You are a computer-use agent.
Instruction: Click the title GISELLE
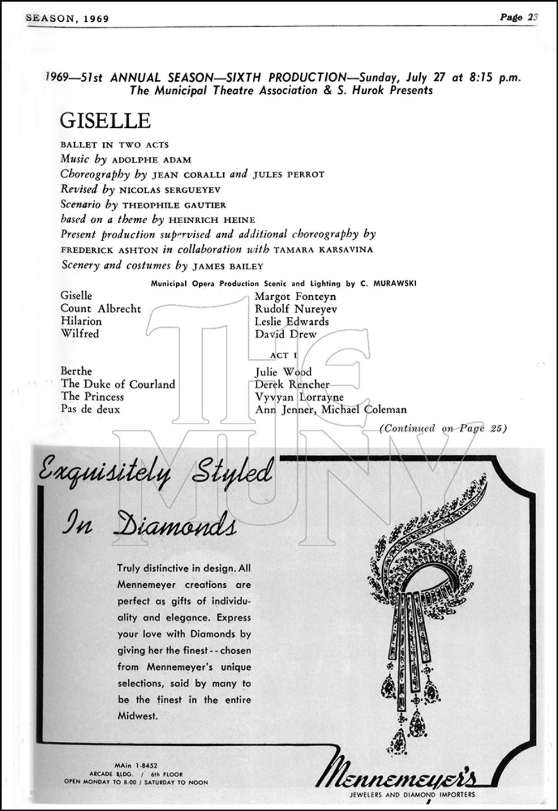click(x=105, y=121)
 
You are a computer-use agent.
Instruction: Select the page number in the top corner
click(x=518, y=17)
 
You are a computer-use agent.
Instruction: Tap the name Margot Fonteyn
click(x=295, y=296)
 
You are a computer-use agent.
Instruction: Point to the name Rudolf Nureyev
click(x=296, y=309)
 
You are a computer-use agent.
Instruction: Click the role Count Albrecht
click(x=100, y=309)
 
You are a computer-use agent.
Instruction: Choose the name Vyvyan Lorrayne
click(x=299, y=397)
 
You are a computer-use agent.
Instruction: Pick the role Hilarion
click(x=81, y=321)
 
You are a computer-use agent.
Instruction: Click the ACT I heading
click(x=283, y=355)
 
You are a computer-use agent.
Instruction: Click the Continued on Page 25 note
click(x=442, y=429)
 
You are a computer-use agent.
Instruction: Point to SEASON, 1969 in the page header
click(x=67, y=18)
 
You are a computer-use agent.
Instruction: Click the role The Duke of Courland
click(x=118, y=384)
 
